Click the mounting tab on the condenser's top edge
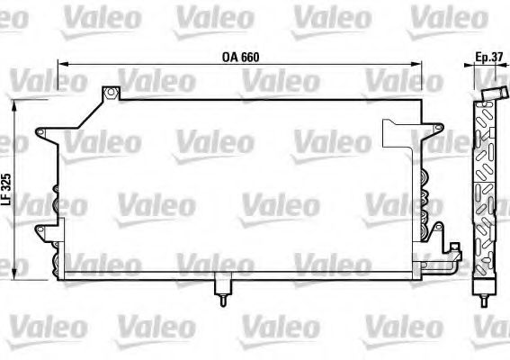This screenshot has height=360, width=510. point(111,93)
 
